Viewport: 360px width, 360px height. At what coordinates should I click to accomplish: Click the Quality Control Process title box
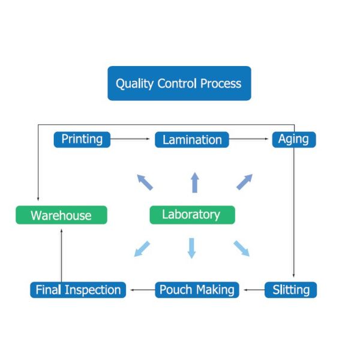tap(179, 83)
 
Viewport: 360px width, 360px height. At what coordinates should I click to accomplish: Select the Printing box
tap(82, 140)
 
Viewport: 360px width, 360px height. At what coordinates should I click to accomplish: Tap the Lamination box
tap(192, 140)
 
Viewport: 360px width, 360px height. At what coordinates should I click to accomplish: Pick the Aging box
tap(294, 140)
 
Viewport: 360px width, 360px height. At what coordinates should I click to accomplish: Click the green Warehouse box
tap(61, 215)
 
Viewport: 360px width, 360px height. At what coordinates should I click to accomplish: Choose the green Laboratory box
tap(193, 215)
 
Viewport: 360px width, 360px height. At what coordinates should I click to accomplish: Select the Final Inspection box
tap(78, 290)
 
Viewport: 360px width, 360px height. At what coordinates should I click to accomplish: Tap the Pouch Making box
tap(197, 290)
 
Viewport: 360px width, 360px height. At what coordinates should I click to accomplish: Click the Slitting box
tap(290, 290)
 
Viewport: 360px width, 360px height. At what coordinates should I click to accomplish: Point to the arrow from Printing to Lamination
tap(130, 139)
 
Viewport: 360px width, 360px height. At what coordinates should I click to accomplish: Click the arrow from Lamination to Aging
tap(248, 139)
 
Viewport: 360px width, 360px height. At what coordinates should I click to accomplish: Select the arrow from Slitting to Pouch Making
tap(254, 290)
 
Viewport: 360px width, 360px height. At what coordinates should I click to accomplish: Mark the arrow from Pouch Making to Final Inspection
tap(143, 290)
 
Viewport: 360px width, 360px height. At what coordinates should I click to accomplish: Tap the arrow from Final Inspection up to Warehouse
tap(62, 256)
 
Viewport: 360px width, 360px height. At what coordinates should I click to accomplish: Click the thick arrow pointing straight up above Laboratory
tap(195, 182)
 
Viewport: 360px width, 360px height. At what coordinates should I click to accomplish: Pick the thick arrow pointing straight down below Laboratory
tap(192, 248)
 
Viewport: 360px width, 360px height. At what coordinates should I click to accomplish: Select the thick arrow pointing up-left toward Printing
tap(145, 182)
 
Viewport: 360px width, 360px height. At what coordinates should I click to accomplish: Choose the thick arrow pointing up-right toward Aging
tap(245, 182)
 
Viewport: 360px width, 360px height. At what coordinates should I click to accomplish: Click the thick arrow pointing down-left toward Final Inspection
tap(142, 249)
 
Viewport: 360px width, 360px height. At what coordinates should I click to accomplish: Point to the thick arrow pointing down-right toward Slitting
tap(242, 248)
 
